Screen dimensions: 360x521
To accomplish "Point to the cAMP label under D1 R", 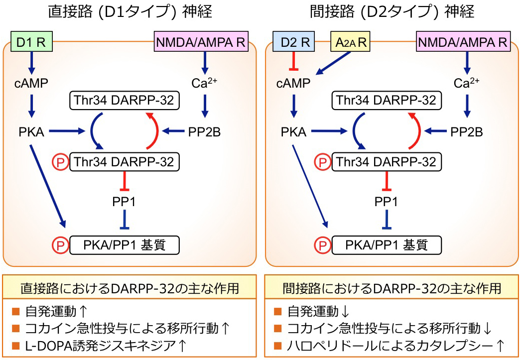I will pyautogui.click(x=31, y=83).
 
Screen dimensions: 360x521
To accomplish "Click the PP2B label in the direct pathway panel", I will pyautogui.click(x=204, y=132).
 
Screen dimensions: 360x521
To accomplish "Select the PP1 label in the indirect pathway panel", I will pyautogui.click(x=386, y=202).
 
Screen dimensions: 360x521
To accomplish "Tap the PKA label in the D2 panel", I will pyautogui.click(x=293, y=132).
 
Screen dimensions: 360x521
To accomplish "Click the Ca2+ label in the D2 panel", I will pyautogui.click(x=467, y=83).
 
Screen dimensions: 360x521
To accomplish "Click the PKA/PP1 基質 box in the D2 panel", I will pyautogui.click(x=386, y=244).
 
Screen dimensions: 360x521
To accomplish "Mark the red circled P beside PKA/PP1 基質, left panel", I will pyautogui.click(x=59, y=245).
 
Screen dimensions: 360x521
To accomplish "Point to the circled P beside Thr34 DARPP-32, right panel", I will pyautogui.click(x=322, y=162).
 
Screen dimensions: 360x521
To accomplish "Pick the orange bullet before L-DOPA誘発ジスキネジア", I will pyautogui.click(x=15, y=345).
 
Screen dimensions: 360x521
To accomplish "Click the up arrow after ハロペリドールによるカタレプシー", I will pyautogui.click(x=500, y=345).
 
